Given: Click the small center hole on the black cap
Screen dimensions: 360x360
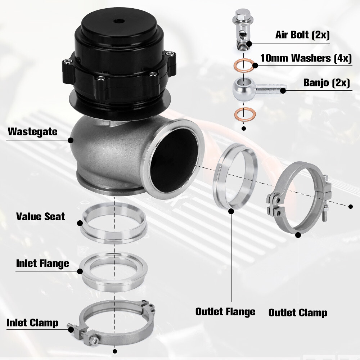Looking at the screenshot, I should click(x=118, y=21).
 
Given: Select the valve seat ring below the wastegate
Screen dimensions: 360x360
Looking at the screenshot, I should click(x=114, y=223).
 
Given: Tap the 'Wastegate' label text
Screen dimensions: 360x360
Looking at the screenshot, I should click(x=32, y=131).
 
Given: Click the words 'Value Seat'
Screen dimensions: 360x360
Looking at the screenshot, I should click(x=40, y=217).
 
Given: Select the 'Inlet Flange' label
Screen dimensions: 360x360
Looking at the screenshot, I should click(x=42, y=264).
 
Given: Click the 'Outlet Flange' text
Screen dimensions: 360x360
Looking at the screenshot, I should click(x=225, y=311).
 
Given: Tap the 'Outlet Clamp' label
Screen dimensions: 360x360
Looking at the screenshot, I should click(x=298, y=312).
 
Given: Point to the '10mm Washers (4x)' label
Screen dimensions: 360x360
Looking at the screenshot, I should click(x=306, y=59).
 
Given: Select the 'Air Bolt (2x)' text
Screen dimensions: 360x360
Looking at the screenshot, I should click(x=302, y=35).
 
